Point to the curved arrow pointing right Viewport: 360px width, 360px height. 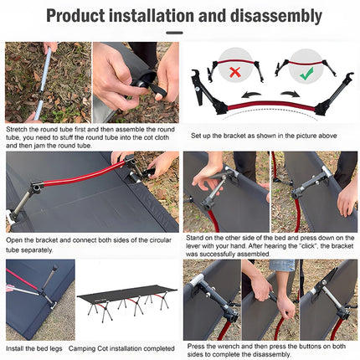tap(290, 94)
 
